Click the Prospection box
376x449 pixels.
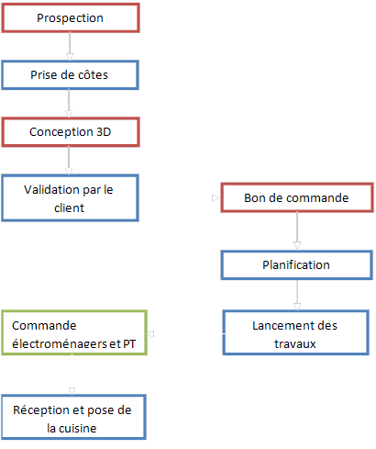coord(71,17)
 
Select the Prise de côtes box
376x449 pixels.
coord(70,75)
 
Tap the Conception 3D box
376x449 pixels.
coord(71,132)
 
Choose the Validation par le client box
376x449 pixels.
coord(70,198)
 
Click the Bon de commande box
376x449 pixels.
coord(297,197)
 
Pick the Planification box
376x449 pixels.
coord(296,265)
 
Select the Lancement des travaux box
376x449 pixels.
coord(295,332)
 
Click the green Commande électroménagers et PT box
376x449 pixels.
coord(74,332)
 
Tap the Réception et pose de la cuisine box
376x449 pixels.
coord(73,417)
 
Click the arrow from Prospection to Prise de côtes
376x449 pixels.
coord(70,46)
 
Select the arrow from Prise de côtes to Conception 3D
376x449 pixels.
coord(69,104)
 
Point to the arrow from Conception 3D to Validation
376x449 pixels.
coord(69,161)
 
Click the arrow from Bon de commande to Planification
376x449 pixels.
coord(297,231)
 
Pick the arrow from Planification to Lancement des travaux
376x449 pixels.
coord(297,295)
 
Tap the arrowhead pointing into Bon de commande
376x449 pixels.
coord(216,198)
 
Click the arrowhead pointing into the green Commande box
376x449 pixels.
coord(150,333)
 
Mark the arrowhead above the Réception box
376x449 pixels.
coord(72,391)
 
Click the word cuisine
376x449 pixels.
coord(78,428)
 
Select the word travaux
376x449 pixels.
coord(295,343)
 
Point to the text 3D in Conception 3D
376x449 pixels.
coord(104,132)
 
